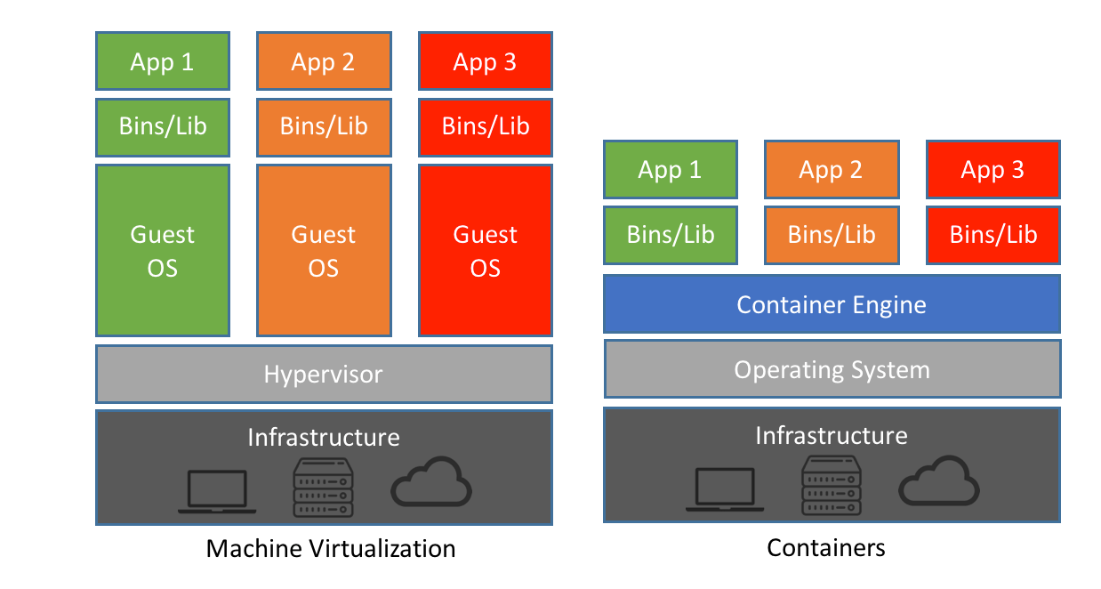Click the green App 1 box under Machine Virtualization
162,61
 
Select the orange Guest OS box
324,250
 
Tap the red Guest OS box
486,250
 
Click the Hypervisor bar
324,374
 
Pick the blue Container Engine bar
832,304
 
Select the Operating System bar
832,369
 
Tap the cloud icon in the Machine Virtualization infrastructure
431,484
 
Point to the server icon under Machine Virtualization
324,488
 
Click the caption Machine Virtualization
331,548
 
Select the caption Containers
826,548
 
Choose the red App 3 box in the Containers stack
993,169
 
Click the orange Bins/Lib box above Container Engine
832,235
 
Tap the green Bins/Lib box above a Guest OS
162,126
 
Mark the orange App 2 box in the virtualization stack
324,61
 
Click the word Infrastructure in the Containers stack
832,435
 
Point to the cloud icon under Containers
939,483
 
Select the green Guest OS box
162,250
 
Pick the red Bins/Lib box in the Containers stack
993,235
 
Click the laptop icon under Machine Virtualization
217,492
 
